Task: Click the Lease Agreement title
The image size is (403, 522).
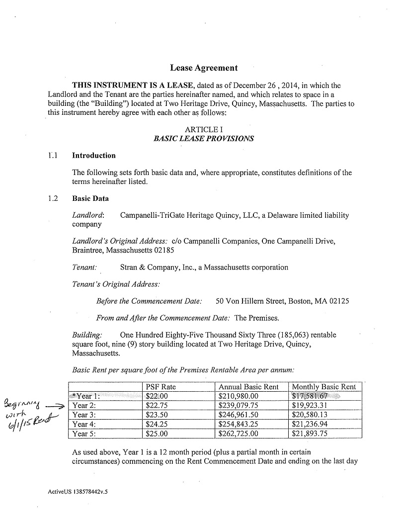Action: click(x=204, y=68)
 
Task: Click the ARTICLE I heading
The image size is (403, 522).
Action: click(x=204, y=130)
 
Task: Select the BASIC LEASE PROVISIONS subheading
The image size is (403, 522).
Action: click(x=204, y=139)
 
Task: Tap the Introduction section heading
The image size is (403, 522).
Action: click(x=94, y=156)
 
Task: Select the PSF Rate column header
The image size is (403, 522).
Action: click(x=161, y=387)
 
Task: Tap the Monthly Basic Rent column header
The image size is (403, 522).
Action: click(x=324, y=387)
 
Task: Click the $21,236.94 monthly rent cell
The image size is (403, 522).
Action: click(x=311, y=424)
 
